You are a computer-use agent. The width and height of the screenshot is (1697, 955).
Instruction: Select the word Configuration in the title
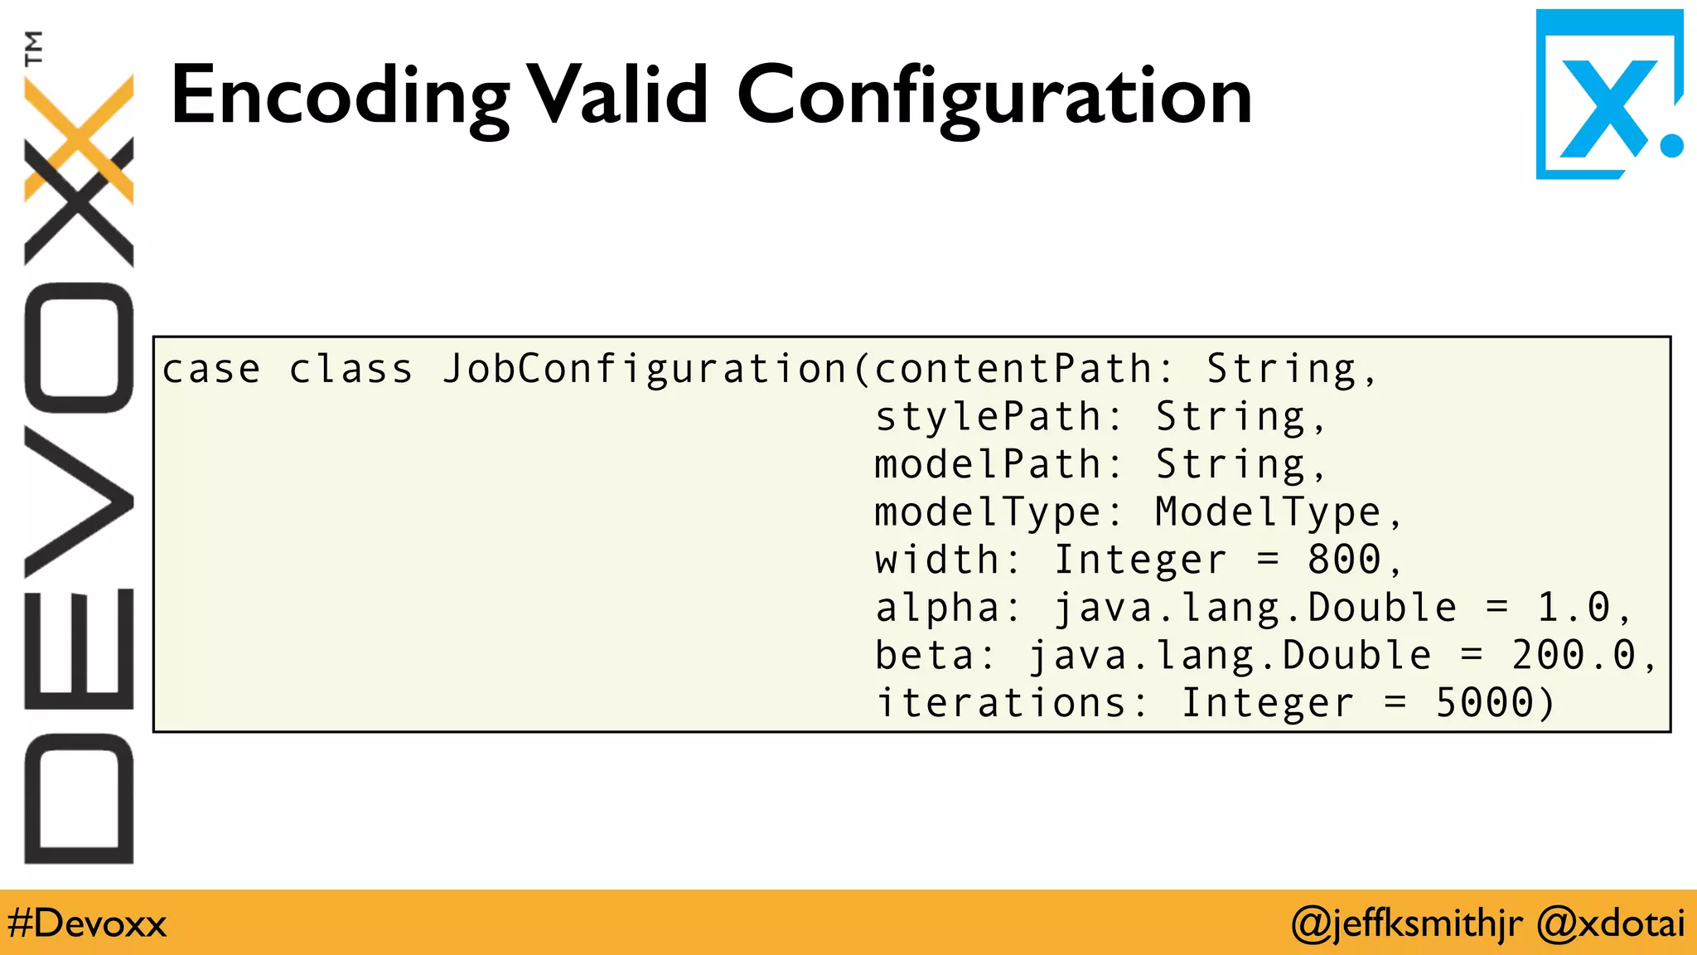pyautogui.click(x=994, y=98)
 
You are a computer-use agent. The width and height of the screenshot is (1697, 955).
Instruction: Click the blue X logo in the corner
pyautogui.click(x=1608, y=95)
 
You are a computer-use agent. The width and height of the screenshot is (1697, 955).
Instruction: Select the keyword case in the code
pyautogui.click(x=211, y=370)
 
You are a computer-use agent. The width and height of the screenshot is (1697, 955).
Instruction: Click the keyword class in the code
pyautogui.click(x=351, y=370)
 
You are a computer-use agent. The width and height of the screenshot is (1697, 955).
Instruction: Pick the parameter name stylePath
pyautogui.click(x=989, y=417)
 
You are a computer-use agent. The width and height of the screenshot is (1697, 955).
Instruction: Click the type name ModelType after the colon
pyautogui.click(x=1268, y=512)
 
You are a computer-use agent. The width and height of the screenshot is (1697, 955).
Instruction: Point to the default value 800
pyautogui.click(x=1344, y=560)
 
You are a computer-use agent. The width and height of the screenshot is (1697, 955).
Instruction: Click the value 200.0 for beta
pyautogui.click(x=1573, y=656)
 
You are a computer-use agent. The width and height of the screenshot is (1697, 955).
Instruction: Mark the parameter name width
pyautogui.click(x=938, y=560)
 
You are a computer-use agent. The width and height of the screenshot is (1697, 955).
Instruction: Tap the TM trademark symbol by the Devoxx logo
pyautogui.click(x=33, y=48)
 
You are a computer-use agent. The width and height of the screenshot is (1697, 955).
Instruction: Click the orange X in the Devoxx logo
pyautogui.click(x=80, y=137)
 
